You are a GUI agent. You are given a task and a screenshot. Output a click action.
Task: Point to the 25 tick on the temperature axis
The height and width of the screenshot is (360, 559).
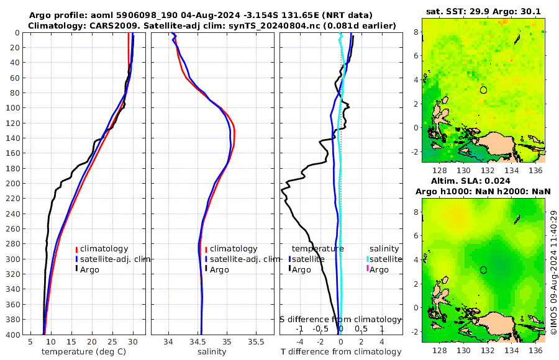(x=112, y=341)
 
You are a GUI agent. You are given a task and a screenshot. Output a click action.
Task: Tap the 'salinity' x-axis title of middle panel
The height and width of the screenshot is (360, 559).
(x=212, y=352)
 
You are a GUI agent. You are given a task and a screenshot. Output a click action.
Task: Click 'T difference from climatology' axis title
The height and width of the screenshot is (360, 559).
(x=341, y=352)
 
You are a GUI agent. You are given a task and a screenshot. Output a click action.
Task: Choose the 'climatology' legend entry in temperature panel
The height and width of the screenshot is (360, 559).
(x=104, y=248)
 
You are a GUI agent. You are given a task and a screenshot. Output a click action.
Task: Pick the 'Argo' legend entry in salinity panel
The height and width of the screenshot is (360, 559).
(x=219, y=269)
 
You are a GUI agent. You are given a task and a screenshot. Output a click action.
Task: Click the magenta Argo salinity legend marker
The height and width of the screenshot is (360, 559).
(x=368, y=269)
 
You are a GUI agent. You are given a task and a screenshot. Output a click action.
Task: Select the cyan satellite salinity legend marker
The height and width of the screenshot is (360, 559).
(x=368, y=258)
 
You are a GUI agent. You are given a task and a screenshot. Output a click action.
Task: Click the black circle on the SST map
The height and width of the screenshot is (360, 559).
(x=483, y=90)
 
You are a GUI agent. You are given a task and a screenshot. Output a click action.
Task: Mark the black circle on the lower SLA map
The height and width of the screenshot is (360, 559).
(x=483, y=270)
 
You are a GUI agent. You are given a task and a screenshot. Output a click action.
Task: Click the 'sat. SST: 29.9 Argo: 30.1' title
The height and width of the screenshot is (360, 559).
(x=483, y=11)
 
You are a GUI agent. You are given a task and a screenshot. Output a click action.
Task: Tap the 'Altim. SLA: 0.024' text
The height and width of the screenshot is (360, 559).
(x=483, y=180)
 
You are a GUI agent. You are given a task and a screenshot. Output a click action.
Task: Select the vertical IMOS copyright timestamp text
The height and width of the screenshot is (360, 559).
(x=553, y=273)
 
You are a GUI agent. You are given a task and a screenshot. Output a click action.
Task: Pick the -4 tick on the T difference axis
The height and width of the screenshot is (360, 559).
(x=300, y=341)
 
